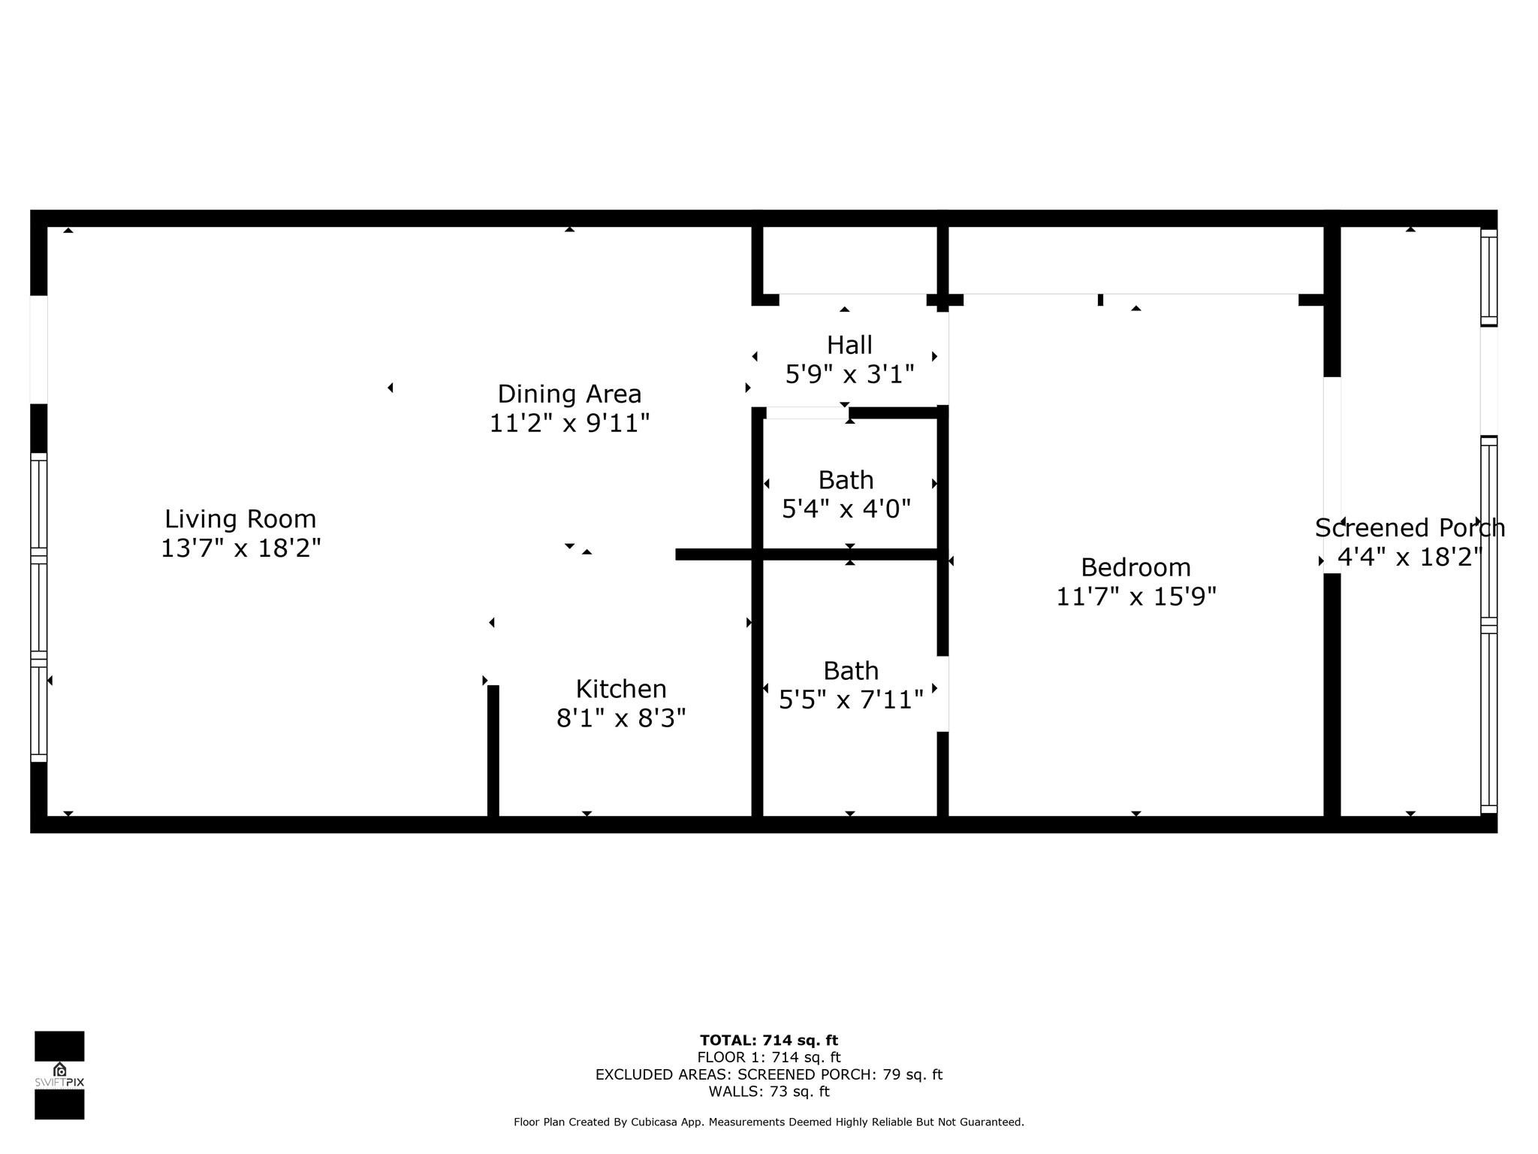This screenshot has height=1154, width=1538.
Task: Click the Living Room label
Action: (240, 519)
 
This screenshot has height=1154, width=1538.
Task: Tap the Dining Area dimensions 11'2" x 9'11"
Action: (569, 424)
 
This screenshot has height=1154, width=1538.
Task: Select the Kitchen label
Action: (621, 689)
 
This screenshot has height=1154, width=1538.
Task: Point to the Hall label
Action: (849, 346)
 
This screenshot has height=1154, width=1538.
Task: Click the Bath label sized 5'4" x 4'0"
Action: (846, 480)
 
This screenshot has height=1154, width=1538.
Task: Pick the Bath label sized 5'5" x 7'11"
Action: (851, 671)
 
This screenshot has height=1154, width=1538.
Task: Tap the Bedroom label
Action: (1135, 567)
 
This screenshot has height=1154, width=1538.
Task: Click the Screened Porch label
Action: (1410, 528)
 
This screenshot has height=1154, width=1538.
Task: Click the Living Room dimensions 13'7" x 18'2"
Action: (240, 548)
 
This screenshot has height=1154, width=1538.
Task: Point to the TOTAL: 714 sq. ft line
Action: (768, 1041)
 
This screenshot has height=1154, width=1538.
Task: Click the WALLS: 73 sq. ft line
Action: (768, 1092)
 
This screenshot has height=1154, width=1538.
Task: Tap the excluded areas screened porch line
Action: (768, 1074)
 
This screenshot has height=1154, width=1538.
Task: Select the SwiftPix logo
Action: (59, 1075)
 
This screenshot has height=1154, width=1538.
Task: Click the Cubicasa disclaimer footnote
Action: (768, 1122)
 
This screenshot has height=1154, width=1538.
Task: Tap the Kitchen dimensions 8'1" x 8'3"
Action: (621, 719)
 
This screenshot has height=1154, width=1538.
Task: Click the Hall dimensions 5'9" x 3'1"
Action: (849, 374)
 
